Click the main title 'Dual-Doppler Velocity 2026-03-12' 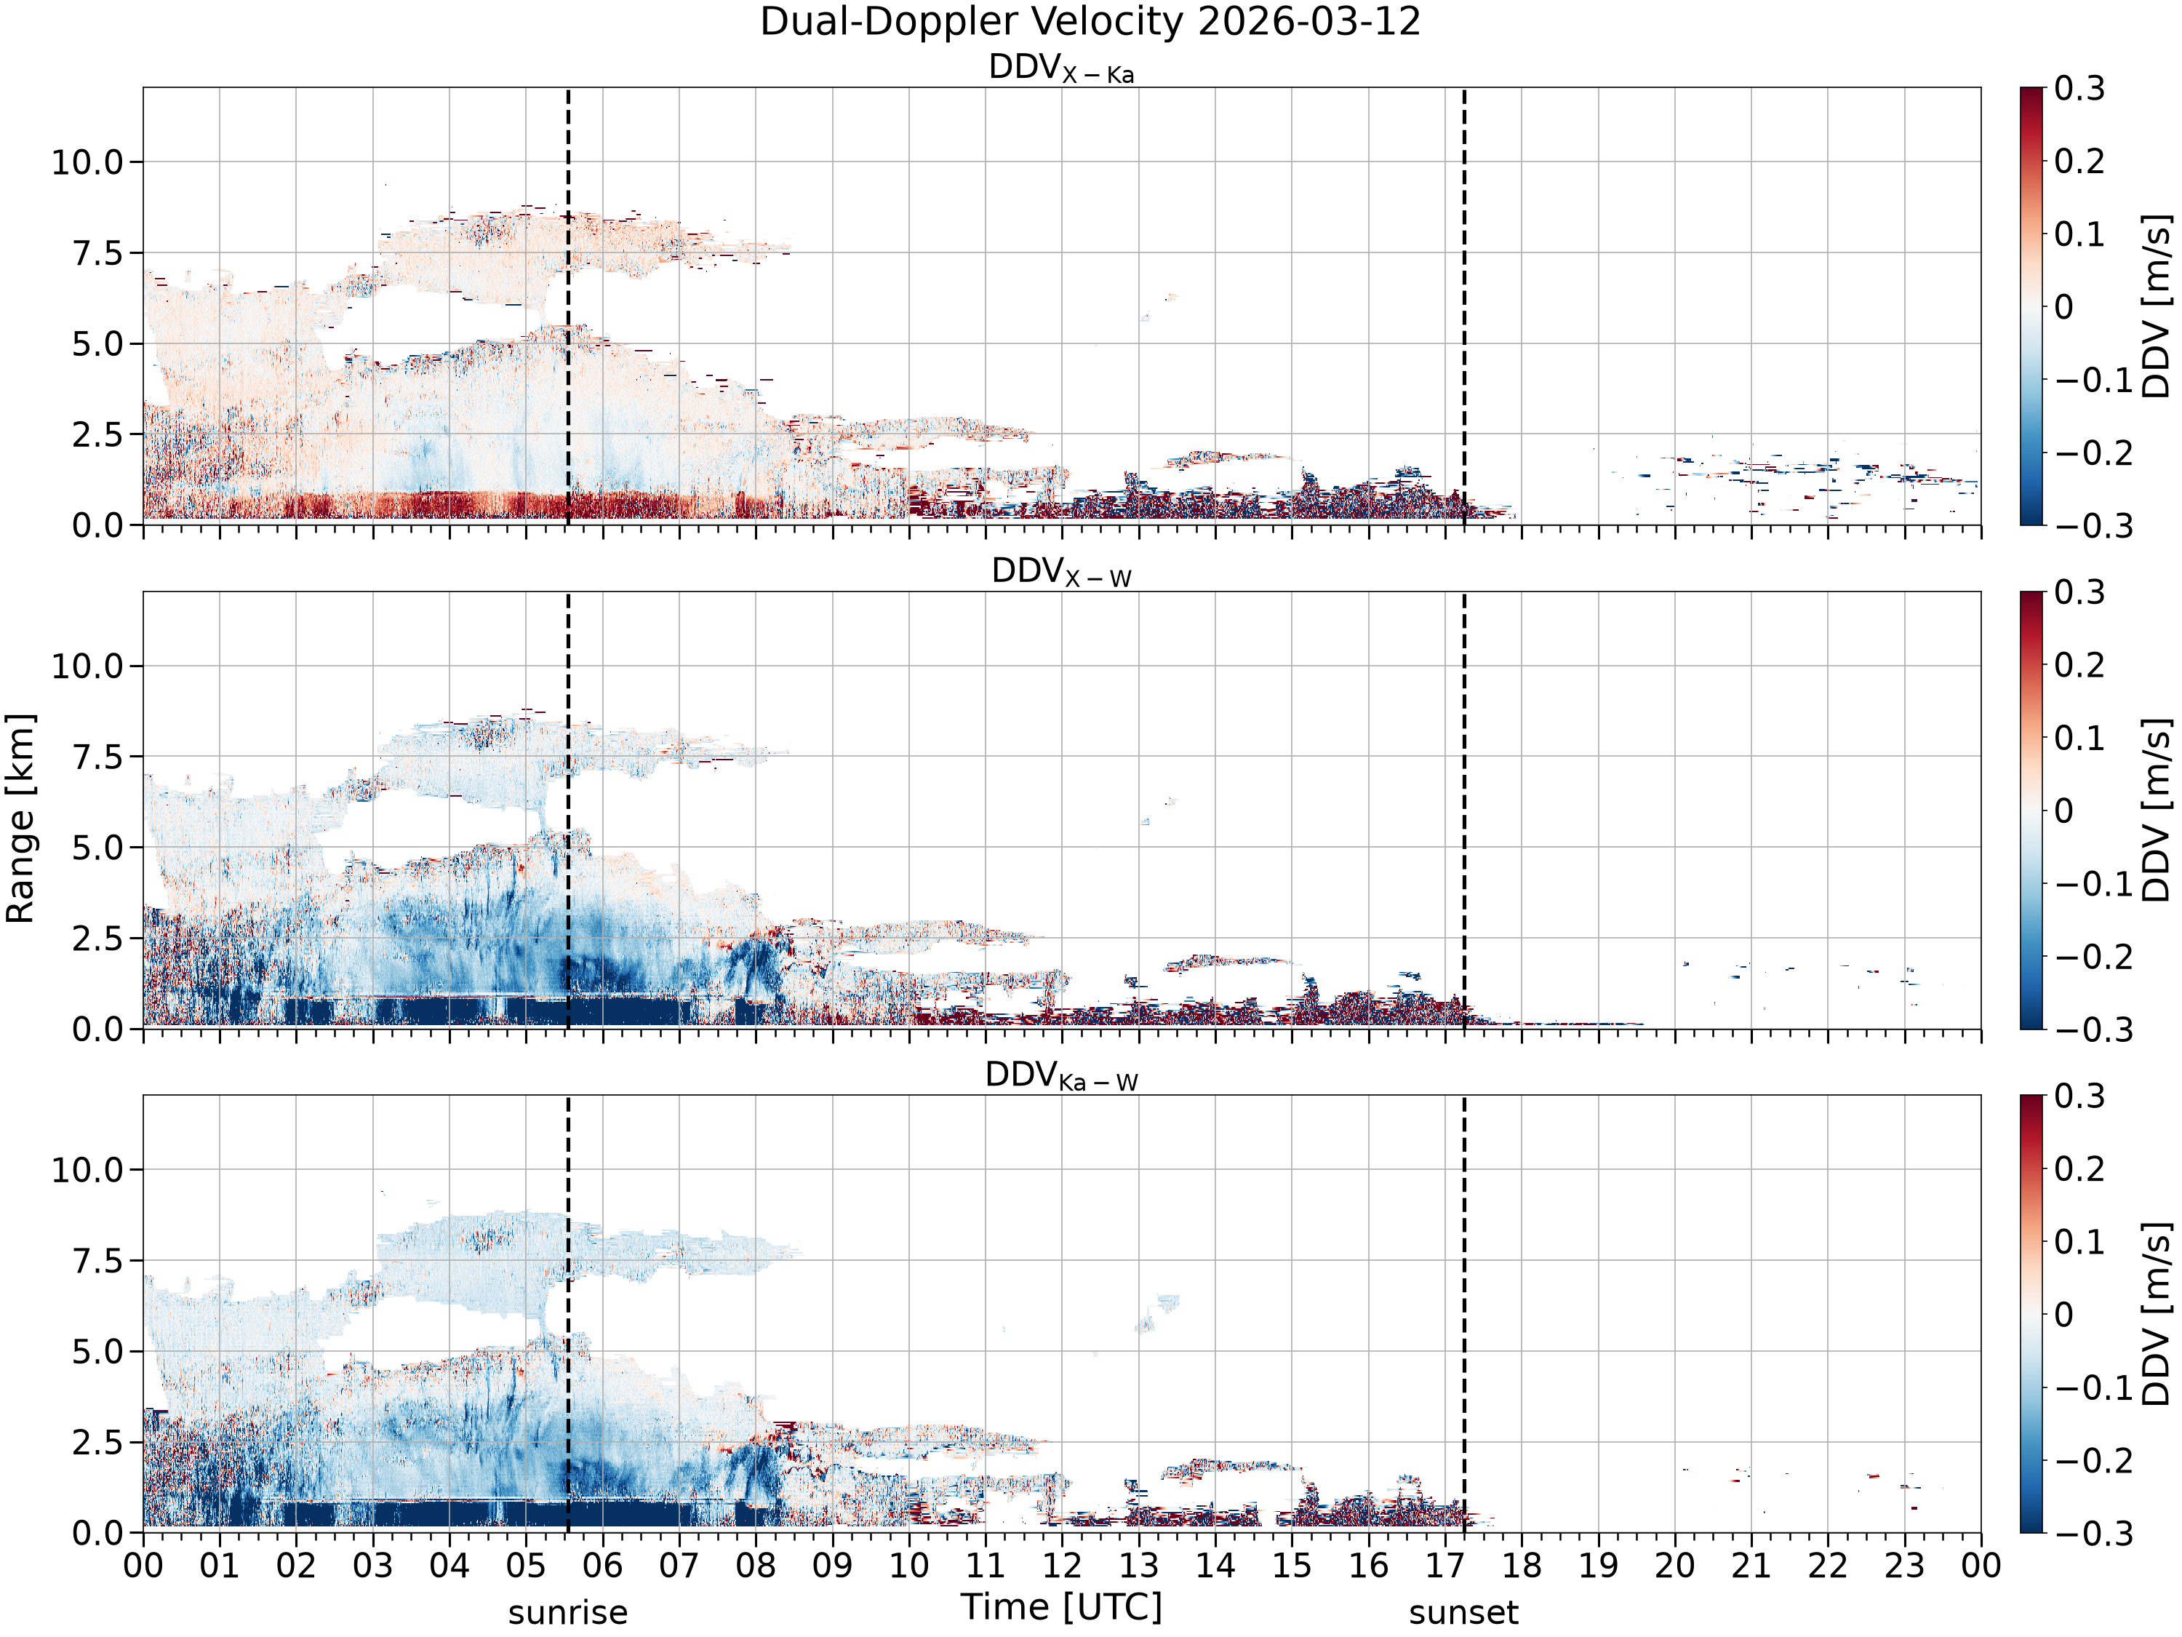[x=1090, y=22]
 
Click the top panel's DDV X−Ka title [x=1061, y=68]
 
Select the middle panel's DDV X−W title [x=1061, y=573]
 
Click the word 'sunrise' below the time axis [x=568, y=1613]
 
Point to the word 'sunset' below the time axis [x=1464, y=1613]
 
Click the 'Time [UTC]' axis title [x=1061, y=1607]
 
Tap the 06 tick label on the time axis [x=602, y=1566]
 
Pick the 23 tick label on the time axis [x=1904, y=1566]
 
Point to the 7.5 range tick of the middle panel [x=99, y=757]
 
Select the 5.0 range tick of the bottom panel [x=99, y=1352]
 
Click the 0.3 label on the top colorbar [x=2079, y=88]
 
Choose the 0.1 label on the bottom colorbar [x=2079, y=1241]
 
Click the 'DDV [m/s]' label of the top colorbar [x=2157, y=306]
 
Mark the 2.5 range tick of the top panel [x=99, y=434]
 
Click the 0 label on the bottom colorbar [x=2063, y=1315]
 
